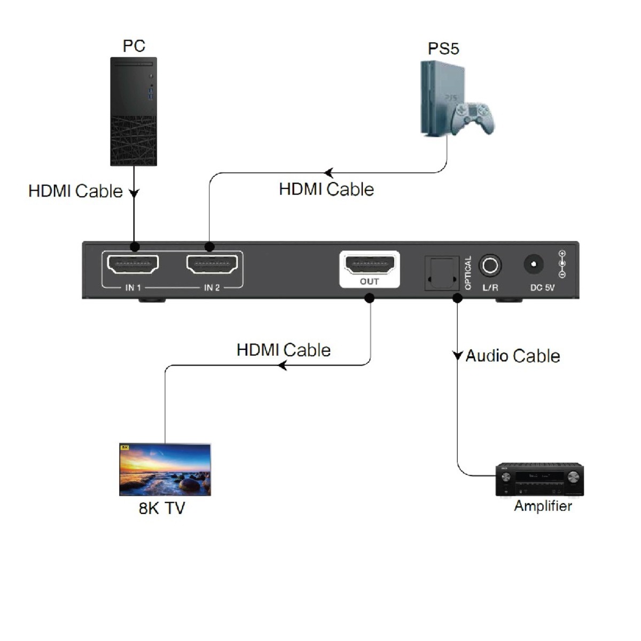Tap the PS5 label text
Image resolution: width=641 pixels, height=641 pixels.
pos(443,49)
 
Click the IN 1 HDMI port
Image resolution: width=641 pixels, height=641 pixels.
pos(133,264)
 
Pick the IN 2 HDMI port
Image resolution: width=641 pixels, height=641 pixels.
pos(212,264)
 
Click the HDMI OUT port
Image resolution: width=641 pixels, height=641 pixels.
pos(370,264)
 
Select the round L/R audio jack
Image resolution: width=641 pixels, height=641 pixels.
pos(490,265)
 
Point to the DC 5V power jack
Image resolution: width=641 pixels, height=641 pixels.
pos(534,264)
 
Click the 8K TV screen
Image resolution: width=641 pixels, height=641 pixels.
pos(165,470)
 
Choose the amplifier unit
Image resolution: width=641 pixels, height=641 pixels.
pos(540,479)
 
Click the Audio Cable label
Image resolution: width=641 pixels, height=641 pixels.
pos(513,356)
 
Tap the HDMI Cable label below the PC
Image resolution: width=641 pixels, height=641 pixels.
pos(75,191)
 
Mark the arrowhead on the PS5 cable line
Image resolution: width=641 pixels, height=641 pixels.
pos(329,173)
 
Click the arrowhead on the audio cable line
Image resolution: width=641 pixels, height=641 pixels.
pos(457,356)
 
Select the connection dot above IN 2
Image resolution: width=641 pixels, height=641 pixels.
pos(209,247)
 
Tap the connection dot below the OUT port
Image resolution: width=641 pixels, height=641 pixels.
pos(369,298)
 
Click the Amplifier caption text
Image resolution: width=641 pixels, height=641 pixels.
pos(543,506)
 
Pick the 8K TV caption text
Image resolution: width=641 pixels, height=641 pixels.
pos(162,507)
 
